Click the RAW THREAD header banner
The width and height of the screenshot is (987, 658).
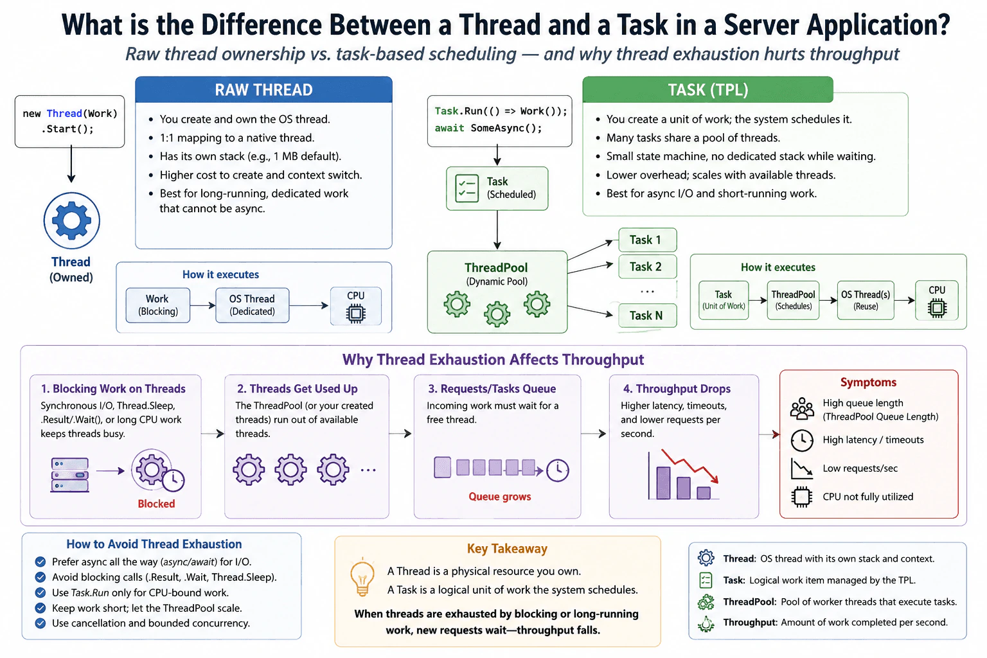263,89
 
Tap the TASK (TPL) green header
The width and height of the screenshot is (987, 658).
707,89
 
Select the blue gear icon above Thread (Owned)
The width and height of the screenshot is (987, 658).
71,220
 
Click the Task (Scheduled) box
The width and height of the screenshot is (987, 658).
497,188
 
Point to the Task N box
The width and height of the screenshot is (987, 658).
647,316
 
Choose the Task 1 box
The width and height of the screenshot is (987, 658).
647,240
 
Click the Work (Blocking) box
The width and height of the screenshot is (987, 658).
157,305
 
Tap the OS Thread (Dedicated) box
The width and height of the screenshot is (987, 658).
252,305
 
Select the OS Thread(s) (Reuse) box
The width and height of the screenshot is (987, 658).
866,300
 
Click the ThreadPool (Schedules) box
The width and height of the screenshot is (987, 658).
793,300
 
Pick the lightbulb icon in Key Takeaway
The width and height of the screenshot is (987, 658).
362,577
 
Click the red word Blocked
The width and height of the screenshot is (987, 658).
156,504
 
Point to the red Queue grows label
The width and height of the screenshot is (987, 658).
500,497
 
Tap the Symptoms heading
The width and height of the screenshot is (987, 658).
868,382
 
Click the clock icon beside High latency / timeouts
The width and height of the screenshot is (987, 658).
801,440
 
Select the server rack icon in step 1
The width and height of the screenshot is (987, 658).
70,475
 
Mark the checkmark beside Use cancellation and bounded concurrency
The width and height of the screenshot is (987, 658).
40,623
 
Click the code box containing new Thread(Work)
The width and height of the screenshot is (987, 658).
69,121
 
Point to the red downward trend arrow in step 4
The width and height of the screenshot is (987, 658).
689,466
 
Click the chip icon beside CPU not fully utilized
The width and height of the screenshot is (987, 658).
801,497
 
